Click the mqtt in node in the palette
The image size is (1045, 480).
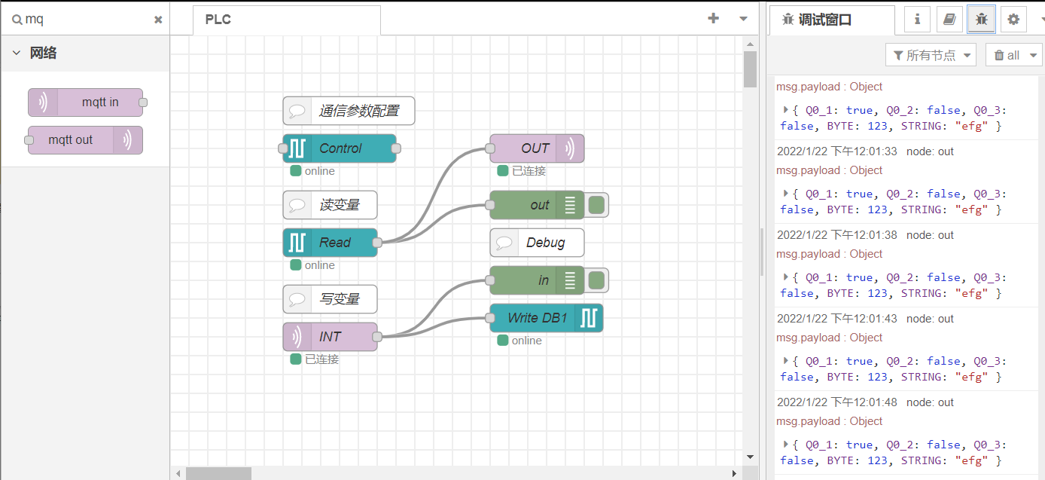(85, 102)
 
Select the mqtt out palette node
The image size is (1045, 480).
(85, 140)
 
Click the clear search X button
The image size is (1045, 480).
(158, 20)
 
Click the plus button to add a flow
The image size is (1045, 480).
(714, 19)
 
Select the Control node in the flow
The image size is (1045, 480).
(340, 148)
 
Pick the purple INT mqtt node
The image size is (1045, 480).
(330, 337)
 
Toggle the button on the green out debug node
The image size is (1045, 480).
(597, 205)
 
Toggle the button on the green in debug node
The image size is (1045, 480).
(597, 280)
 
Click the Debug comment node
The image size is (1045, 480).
(537, 243)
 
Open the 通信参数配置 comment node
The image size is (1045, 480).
(349, 111)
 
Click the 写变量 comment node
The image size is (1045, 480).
(330, 299)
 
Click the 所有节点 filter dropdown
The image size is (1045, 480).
(931, 55)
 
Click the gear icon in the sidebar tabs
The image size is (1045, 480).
(1013, 20)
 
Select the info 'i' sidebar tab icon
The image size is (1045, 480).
(917, 20)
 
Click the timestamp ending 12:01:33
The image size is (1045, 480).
(837, 151)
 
